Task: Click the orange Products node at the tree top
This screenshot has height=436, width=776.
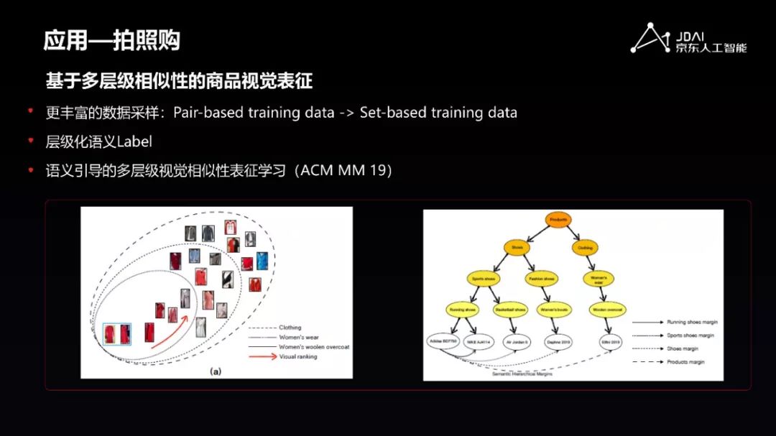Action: coord(559,220)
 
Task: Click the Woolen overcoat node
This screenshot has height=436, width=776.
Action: coord(606,310)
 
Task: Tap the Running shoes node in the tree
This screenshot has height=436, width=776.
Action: coord(463,310)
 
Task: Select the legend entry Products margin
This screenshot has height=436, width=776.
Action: coord(686,362)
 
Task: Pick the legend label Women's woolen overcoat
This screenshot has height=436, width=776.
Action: coord(313,346)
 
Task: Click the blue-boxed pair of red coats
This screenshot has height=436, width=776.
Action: coord(118,335)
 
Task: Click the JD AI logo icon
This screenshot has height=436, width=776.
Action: coord(650,38)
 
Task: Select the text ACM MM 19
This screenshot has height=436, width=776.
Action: coord(344,171)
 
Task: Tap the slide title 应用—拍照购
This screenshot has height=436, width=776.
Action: coord(111,40)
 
